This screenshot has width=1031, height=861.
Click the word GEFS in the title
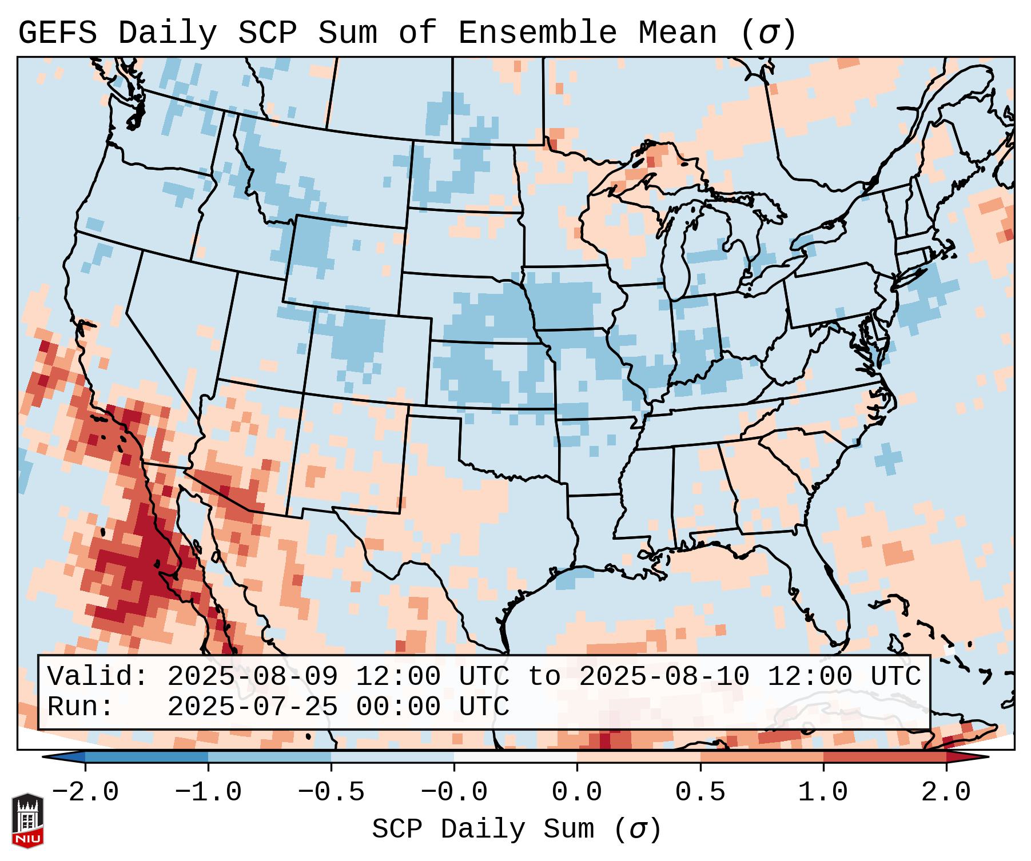pyautogui.click(x=57, y=33)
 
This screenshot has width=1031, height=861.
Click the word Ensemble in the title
pyautogui.click(x=537, y=33)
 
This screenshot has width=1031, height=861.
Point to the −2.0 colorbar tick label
pyautogui.click(x=85, y=792)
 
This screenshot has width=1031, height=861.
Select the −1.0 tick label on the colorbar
pyautogui.click(x=208, y=792)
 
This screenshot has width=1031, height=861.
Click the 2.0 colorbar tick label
pyautogui.click(x=946, y=792)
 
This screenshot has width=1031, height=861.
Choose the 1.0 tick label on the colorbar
pyautogui.click(x=823, y=792)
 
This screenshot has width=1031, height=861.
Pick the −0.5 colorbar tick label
pyautogui.click(x=331, y=792)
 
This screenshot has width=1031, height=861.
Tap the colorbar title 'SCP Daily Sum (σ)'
pyautogui.click(x=516, y=829)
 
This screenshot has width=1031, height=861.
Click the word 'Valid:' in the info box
pyautogui.click(x=97, y=676)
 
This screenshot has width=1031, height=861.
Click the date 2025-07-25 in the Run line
pyautogui.click(x=252, y=707)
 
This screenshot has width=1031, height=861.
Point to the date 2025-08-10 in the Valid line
pyautogui.click(x=664, y=676)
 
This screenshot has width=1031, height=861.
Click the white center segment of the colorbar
pyautogui.click(x=515, y=758)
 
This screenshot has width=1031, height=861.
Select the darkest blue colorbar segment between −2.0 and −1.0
pyautogui.click(x=146, y=758)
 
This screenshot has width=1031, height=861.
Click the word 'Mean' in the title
pyautogui.click(x=677, y=33)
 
